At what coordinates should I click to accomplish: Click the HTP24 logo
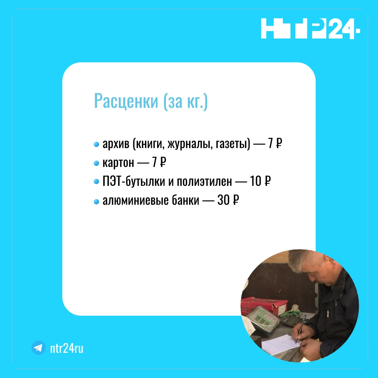point(310,28)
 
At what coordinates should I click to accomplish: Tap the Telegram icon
point(38,348)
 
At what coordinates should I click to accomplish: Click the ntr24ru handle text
point(66,348)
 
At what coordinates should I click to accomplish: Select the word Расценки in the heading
point(126,101)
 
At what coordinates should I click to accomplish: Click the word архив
point(116,144)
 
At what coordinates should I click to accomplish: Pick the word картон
point(118,163)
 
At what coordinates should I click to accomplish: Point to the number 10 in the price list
point(255,181)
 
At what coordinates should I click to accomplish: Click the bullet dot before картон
point(96,163)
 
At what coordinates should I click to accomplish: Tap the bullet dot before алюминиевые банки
point(96,201)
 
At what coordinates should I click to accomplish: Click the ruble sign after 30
point(236,200)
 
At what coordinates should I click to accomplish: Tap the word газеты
point(233,144)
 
